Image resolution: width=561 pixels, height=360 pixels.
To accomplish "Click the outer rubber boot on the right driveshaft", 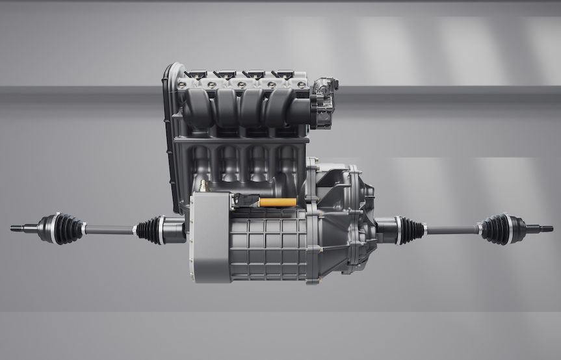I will (x=496, y=229).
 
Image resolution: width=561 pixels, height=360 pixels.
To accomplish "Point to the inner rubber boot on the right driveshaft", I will (x=410, y=230).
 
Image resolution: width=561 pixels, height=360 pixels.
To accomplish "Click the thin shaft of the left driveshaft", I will (x=109, y=229).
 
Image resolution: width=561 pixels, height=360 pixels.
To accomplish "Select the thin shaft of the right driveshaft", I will (x=452, y=229).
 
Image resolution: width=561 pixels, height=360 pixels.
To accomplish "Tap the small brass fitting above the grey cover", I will (x=203, y=187).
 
